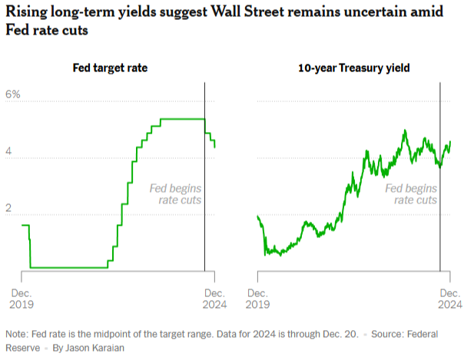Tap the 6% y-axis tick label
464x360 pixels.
pyautogui.click(x=13, y=94)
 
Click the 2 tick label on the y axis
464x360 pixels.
pyautogui.click(x=9, y=210)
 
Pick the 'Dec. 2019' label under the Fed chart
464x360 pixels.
pyautogui.click(x=20, y=299)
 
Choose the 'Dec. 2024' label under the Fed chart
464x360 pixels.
pyautogui.click(x=214, y=299)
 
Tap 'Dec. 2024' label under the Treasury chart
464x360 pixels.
pyautogui.click(x=449, y=299)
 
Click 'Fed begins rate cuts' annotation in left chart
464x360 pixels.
pyautogui.click(x=176, y=193)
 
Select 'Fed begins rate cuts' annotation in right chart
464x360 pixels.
pyautogui.click(x=411, y=193)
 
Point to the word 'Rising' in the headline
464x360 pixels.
pyautogui.click(x=28, y=13)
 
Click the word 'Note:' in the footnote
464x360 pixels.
pyautogui.click(x=17, y=335)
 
